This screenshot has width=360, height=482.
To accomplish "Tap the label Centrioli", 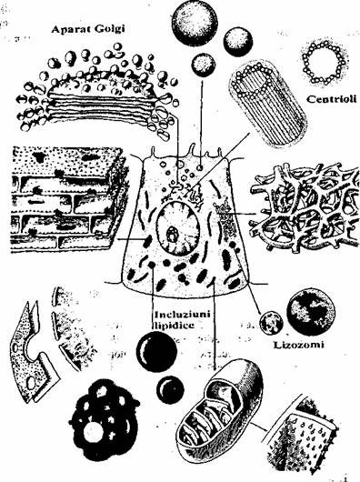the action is pos(332,99).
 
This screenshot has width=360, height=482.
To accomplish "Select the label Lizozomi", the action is pos(298,345).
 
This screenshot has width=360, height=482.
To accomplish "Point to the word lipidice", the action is pos(174,326).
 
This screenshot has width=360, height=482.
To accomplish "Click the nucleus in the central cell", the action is pos(178,228).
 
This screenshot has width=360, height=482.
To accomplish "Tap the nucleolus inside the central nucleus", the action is pos(172,235).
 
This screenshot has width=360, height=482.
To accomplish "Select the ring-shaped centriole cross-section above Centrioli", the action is pos(324,63).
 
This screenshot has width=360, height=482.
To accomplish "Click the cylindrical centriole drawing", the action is pos(268,104).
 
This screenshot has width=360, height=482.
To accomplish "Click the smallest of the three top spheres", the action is pos(203,65).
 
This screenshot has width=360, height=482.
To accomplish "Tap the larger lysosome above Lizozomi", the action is pos(311,312).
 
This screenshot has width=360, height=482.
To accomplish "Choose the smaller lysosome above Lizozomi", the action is pos(271,323).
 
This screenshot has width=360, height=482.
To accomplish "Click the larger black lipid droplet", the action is pos(156,352).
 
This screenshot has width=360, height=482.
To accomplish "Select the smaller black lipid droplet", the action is pos(170,390).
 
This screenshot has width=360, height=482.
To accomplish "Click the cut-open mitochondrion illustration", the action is pos(220,410).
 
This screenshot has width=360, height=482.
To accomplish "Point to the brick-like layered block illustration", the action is pos(67,199).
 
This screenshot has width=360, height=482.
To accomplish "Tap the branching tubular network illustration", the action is pos(305,207).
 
